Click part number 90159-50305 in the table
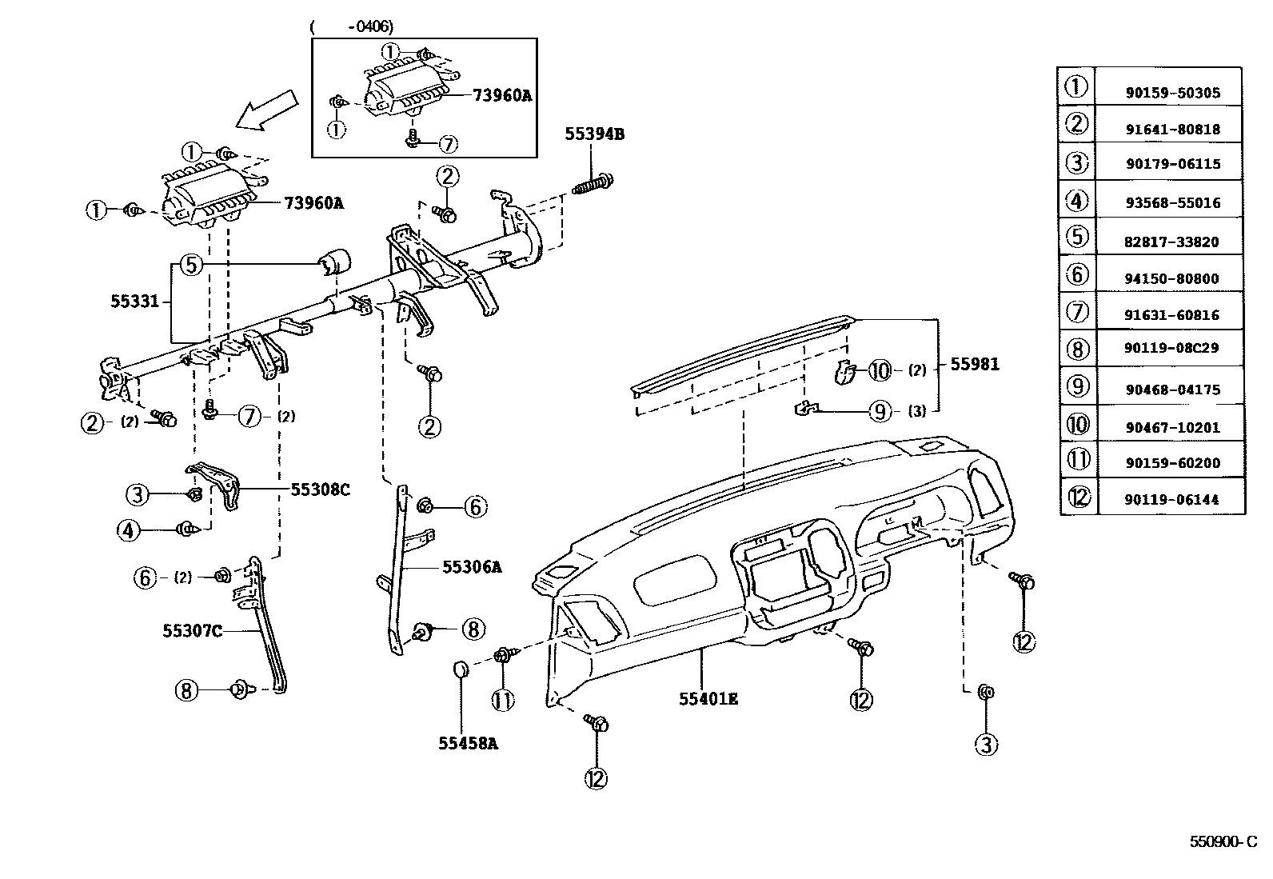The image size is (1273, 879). click(1171, 93)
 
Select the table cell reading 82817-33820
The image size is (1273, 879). click(1171, 242)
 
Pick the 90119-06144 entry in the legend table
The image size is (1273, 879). click(1171, 499)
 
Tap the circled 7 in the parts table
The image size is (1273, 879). click(1077, 311)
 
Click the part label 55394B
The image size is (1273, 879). click(594, 134)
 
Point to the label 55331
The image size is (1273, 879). click(130, 302)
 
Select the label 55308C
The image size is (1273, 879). click(320, 489)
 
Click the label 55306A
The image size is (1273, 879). click(472, 567)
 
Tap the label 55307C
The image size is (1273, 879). click(192, 631)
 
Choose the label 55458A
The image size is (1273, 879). click(468, 743)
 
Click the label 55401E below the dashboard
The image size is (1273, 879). click(708, 698)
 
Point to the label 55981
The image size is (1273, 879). click(974, 365)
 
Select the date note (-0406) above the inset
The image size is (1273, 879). click(351, 26)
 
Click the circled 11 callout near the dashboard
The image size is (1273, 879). click(503, 701)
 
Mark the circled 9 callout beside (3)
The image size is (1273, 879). click(880, 411)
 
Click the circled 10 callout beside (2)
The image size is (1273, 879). click(880, 370)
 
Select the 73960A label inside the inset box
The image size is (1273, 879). click(501, 95)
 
